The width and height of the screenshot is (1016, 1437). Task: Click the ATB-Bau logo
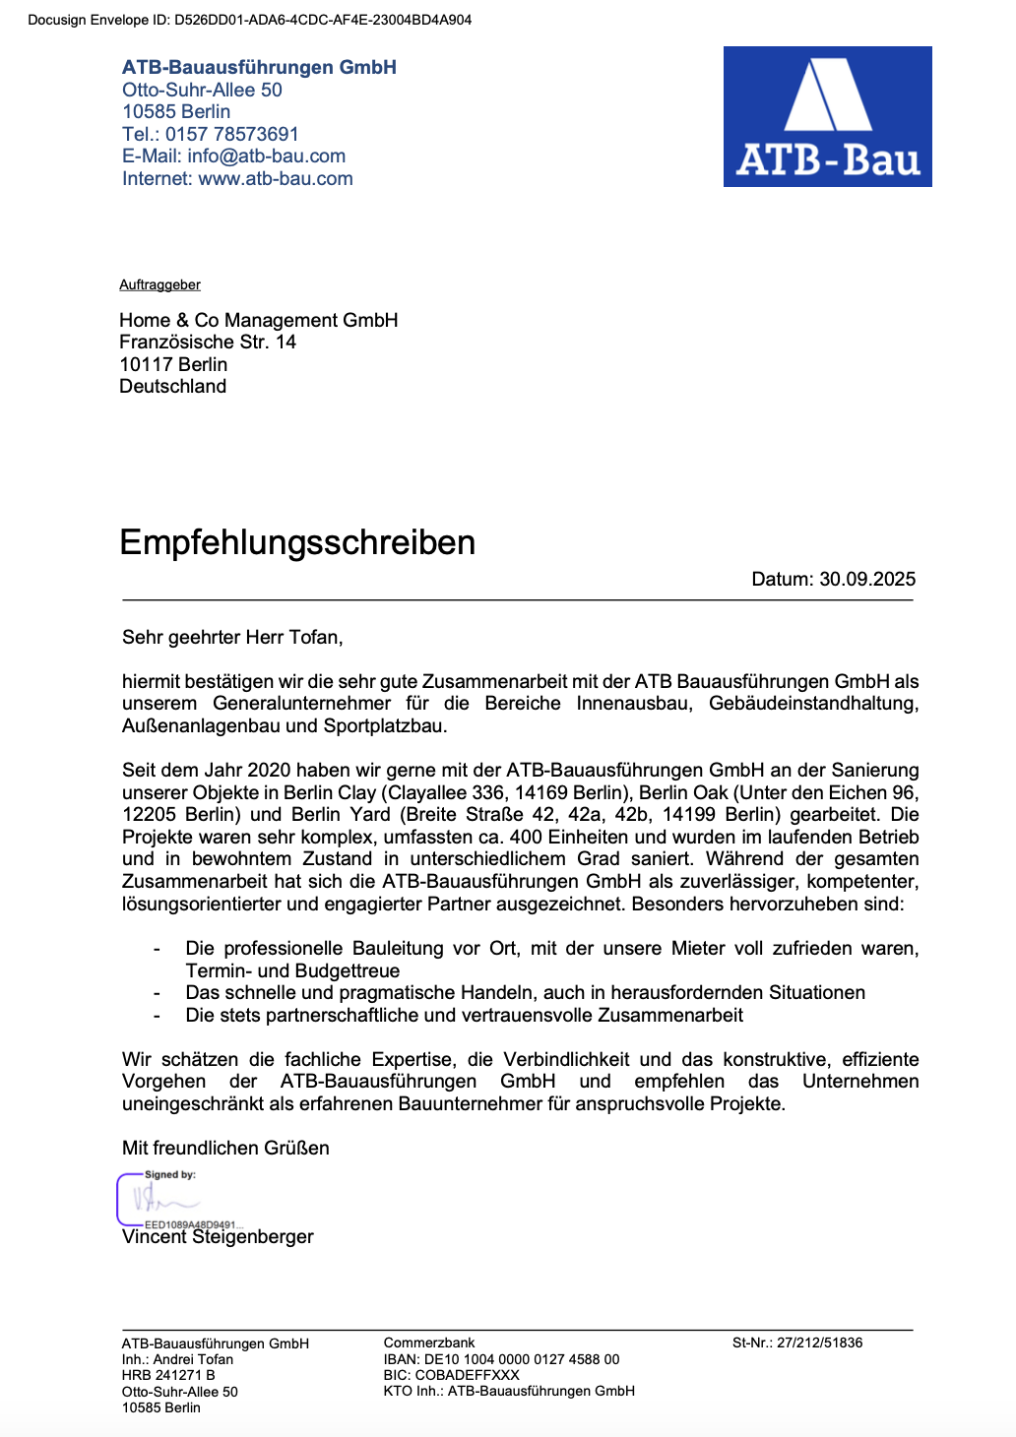827,116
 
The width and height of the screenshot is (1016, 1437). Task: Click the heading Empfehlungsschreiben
297,542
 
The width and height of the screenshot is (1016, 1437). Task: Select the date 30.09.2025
867,579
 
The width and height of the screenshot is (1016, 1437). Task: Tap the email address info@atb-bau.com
266,156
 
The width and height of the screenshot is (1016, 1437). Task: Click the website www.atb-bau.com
275,178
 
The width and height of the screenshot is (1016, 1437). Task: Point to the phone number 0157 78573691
231,134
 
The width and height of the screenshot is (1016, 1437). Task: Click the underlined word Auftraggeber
159,284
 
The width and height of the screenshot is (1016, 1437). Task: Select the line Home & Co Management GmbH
258,320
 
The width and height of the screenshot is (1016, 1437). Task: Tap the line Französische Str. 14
208,342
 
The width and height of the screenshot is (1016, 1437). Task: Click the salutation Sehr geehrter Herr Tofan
232,637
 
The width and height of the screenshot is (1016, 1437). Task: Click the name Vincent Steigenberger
218,1237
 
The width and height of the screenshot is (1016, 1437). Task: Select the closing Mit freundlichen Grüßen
225,1148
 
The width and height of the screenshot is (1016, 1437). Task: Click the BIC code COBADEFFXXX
467,1375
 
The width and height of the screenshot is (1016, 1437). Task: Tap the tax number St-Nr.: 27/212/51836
797,1343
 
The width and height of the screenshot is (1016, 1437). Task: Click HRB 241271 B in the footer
168,1375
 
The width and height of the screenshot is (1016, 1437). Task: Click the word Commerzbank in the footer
429,1343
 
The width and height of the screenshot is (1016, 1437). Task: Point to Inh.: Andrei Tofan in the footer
177,1359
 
